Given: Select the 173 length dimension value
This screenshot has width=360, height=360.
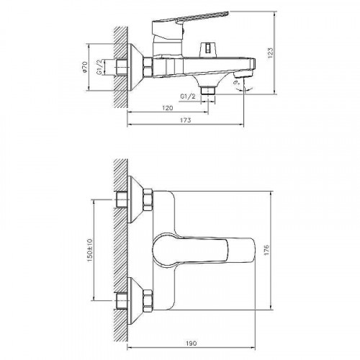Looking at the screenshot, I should [x=186, y=122].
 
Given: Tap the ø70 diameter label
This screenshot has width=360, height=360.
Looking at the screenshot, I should [x=86, y=69].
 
